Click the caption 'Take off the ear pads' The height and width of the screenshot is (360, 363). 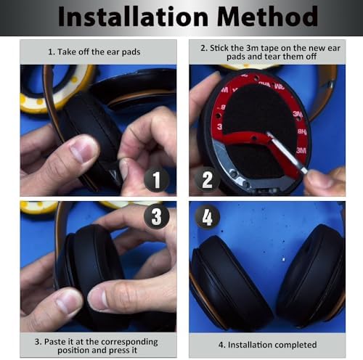(x=97, y=52)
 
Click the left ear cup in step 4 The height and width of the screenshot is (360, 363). (x=225, y=279)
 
